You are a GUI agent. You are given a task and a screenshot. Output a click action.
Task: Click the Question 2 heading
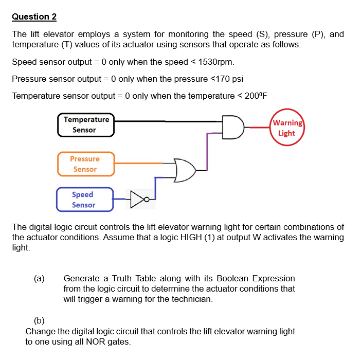[34, 16]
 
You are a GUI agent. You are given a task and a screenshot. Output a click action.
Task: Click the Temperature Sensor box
[86, 125]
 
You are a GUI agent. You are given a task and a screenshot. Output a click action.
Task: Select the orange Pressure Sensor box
[85, 164]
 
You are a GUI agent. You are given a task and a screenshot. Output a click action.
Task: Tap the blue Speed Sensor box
[83, 200]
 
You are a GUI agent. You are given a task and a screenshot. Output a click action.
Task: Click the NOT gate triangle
[137, 199]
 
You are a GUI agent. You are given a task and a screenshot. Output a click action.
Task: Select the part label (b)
[39, 322]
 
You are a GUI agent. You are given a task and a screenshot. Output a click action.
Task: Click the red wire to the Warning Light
[257, 128]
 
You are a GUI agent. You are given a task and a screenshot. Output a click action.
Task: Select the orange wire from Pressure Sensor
[139, 164]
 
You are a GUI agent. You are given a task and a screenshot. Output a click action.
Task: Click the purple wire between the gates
[207, 152]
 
